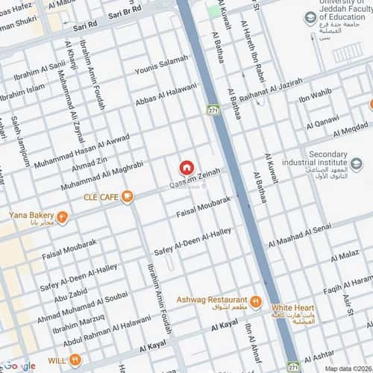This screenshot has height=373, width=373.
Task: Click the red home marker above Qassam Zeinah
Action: (x=186, y=169)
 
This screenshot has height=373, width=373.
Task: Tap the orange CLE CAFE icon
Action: (x=128, y=196)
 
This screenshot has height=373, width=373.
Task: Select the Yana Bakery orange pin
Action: (x=63, y=218)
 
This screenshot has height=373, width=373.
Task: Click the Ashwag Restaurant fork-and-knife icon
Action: (x=256, y=301)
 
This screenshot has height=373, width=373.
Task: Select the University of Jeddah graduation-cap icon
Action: (x=309, y=17)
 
